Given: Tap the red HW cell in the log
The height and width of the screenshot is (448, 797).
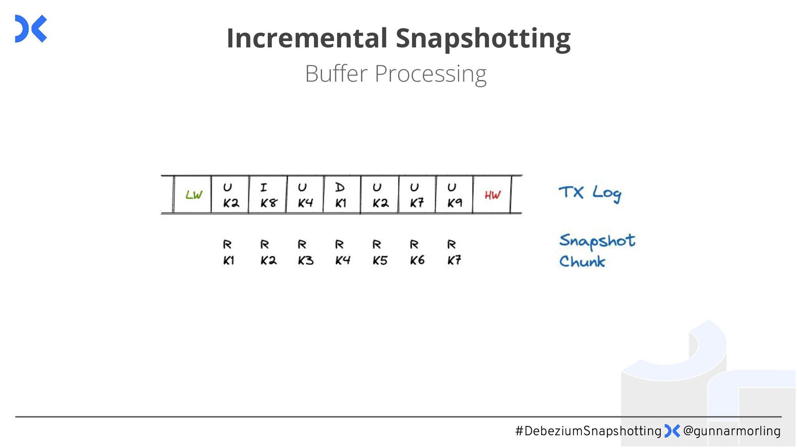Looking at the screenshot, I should [x=492, y=195].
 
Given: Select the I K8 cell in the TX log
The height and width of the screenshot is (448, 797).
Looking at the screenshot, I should [x=268, y=195].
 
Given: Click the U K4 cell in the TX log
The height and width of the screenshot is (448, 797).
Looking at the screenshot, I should [x=305, y=195].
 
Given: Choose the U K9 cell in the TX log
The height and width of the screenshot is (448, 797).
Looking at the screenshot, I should [x=454, y=195].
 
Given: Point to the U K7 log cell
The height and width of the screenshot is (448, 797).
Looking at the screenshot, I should [x=417, y=195].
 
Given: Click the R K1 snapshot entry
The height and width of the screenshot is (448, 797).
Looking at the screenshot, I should [x=228, y=252].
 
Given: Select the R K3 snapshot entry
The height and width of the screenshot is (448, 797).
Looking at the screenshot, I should [x=305, y=252].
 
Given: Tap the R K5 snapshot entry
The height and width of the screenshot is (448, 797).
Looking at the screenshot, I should [x=379, y=252].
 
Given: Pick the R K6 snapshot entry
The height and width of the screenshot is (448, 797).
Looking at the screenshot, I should [x=417, y=252].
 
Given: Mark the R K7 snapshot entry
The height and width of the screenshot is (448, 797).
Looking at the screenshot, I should [x=454, y=252].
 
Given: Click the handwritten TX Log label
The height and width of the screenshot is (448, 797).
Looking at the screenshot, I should [x=589, y=193].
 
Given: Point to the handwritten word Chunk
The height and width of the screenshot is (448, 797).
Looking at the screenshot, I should [x=582, y=262].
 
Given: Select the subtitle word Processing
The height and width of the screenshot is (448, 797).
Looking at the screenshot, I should [x=430, y=74].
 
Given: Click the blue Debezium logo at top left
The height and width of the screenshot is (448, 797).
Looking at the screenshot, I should [x=31, y=29].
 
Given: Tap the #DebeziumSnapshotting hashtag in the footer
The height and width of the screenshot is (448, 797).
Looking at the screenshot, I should [x=588, y=431].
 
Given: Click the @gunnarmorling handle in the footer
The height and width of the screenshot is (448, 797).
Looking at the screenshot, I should [x=731, y=431].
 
